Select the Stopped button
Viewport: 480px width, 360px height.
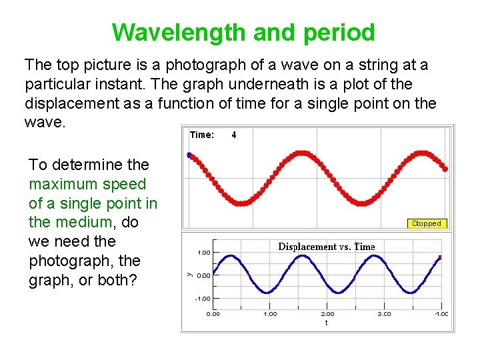tap(426, 223)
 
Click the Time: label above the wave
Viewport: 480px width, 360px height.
tap(202, 135)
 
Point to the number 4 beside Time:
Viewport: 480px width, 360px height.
tap(233, 135)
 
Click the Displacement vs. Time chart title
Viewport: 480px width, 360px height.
tap(326, 247)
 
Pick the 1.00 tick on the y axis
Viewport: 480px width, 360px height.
tap(203, 253)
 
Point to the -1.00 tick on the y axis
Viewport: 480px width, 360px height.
tap(203, 299)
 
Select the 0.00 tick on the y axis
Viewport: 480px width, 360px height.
tap(204, 275)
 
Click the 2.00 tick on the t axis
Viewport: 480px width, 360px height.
tap(327, 313)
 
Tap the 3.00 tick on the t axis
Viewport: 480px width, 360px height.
tap(385, 313)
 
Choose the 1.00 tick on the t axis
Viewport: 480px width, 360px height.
tap(270, 313)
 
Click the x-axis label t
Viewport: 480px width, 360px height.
tap(326, 323)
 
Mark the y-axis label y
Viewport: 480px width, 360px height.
tap(189, 273)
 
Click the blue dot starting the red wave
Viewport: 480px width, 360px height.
tap(189, 155)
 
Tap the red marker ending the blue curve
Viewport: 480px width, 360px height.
tap(441, 257)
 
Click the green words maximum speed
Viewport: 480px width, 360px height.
tap(87, 183)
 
